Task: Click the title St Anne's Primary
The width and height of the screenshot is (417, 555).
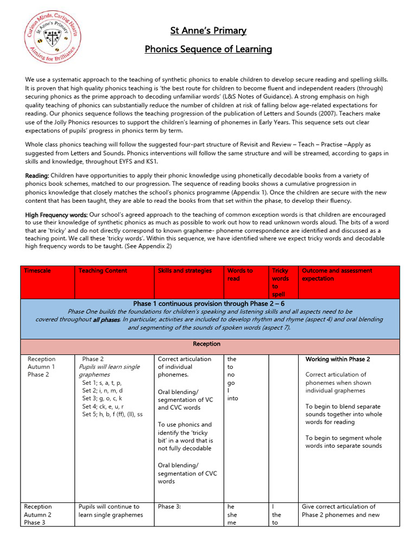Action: pos(208,31)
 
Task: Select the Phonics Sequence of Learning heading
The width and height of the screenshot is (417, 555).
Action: pos(208,49)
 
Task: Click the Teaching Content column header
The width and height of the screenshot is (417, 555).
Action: pos(103,270)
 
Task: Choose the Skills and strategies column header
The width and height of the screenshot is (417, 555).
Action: pos(185,270)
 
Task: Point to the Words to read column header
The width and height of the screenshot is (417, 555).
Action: pos(240,274)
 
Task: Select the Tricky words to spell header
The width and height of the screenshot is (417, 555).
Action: pos(280,282)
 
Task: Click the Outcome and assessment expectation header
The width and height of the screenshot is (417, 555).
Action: pos(337,274)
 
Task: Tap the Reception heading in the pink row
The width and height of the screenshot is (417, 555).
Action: pos(206,344)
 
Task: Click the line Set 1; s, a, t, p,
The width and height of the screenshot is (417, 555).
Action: pos(102,383)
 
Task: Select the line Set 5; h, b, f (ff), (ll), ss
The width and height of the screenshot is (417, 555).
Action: pos(112,414)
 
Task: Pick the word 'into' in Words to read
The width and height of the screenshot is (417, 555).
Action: pos(232,398)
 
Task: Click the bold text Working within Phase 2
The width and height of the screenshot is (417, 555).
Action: pos(337,359)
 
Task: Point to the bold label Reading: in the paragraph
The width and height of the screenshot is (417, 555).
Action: pos(37,176)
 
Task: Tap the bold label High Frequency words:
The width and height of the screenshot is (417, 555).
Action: pos(56,215)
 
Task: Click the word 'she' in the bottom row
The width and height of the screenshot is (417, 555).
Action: pos(232,515)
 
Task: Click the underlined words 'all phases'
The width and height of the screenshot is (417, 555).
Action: pos(106,320)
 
